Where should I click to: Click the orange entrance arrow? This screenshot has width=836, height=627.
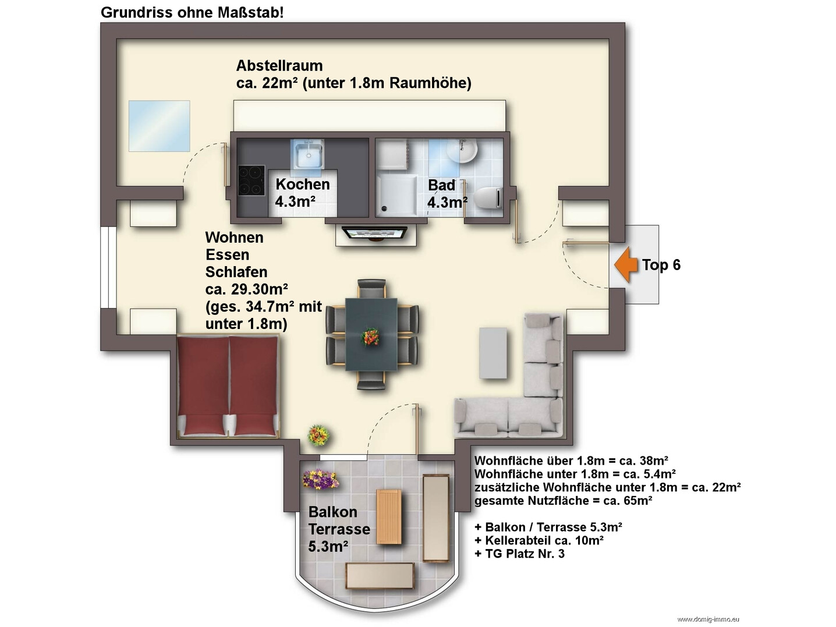coord(626,264)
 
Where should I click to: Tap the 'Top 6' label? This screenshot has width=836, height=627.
coord(661,265)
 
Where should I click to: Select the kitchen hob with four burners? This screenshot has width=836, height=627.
coord(251,180)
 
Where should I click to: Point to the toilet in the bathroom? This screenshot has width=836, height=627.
coord(488,197)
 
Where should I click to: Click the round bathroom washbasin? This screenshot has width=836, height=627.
coord(462,150)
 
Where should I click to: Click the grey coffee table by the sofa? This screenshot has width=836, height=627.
coord(493,353)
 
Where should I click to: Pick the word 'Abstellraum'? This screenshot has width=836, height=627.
coord(279,65)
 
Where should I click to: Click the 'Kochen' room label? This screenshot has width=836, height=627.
coord(303,184)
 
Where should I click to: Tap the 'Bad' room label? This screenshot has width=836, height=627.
coord(441,185)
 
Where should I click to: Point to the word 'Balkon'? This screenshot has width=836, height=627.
coord(333,512)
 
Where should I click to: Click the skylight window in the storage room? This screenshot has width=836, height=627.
coord(159,126)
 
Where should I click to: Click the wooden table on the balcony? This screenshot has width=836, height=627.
coord(388,516)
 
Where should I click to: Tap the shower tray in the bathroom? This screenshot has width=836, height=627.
coord(397,195)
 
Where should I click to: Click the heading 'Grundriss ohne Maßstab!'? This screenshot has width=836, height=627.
coord(192,13)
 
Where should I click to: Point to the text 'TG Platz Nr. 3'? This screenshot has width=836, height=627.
coord(525,554)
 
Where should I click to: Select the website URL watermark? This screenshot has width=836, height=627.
coord(709,619)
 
